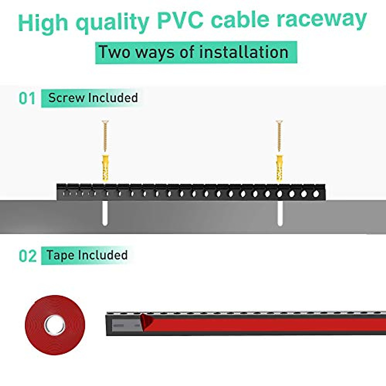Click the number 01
click(x=27, y=98)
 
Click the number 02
click(x=28, y=256)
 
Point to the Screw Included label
click(x=93, y=98)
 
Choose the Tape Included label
click(x=87, y=255)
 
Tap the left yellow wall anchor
click(x=105, y=168)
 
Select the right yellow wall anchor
click(x=279, y=168)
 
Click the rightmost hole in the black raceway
click(x=317, y=194)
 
